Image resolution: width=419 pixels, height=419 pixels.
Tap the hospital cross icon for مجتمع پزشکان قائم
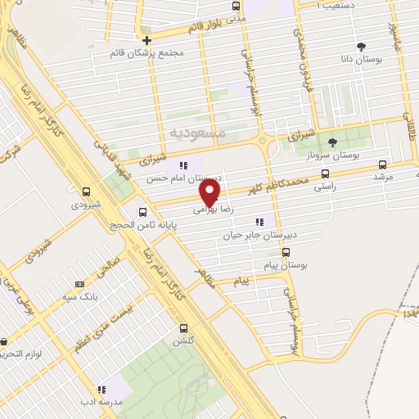click(146, 40)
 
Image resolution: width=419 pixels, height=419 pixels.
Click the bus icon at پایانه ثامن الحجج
click(143, 210)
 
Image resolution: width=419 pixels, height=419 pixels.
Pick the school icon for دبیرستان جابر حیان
click(260, 222)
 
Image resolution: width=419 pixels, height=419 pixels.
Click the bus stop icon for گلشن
click(182, 328)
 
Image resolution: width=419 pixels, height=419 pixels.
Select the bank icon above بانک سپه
click(79, 284)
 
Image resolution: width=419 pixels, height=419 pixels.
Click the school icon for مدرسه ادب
click(102, 390)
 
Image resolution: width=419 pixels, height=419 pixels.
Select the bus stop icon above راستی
click(326, 173)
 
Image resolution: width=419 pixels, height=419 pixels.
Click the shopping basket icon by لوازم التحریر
click(5, 342)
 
